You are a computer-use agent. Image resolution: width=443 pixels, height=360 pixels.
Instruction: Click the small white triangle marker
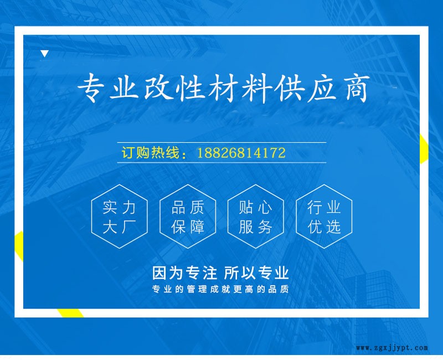coord(45,53)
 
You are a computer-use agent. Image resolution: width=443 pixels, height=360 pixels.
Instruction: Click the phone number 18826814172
coord(241,153)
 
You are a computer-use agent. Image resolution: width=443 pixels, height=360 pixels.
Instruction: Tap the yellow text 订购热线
coord(151,153)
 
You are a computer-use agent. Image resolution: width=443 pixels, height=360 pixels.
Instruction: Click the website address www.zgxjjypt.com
coord(392,348)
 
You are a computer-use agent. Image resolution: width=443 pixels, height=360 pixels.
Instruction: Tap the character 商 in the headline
coord(357,88)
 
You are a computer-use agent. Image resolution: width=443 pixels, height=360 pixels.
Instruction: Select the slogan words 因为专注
coord(184,273)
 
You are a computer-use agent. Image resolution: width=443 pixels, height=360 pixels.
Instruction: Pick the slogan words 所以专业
coord(256,273)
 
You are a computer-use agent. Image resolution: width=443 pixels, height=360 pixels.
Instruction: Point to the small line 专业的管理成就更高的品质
coord(220,289)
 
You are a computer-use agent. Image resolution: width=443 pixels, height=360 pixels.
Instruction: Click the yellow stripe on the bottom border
coord(70,313)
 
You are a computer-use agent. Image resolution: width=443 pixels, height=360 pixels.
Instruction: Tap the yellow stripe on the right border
coord(424,149)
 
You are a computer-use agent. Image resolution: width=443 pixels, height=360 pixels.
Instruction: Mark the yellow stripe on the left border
coord(19,246)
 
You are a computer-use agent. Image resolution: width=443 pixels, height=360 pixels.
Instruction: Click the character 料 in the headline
coord(257,88)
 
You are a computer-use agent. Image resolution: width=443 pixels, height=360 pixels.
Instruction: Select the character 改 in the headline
coord(157,88)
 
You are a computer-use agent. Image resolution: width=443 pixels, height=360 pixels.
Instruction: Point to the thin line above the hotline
coord(222,143)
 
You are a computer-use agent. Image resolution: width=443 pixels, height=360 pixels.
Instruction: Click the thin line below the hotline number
coord(222,162)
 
